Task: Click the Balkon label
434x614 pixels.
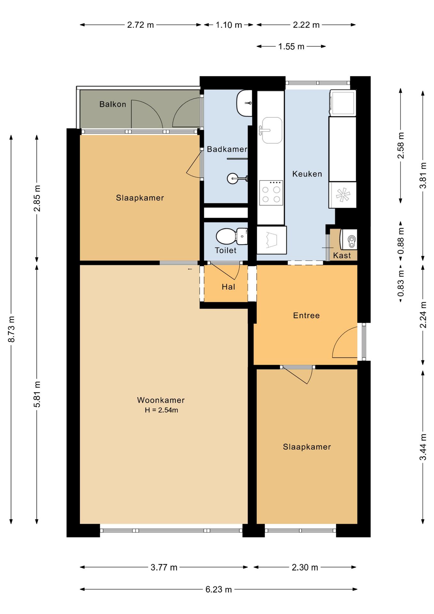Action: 113,104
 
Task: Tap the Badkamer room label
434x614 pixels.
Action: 227,149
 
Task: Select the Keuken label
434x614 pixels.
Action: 307,174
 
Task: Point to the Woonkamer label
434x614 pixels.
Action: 161,400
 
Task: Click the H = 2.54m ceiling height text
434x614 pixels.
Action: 161,410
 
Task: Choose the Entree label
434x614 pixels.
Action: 306,316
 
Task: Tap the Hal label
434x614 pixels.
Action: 229,287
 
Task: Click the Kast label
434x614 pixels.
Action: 342,256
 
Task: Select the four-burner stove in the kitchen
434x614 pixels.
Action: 271,193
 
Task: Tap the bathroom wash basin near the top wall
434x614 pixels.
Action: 244,103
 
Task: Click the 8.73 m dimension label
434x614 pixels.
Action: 12,329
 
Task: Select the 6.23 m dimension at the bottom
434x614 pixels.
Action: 219,589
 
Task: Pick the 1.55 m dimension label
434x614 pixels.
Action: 291,46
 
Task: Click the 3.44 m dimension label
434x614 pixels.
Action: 423,447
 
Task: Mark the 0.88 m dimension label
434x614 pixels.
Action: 401,240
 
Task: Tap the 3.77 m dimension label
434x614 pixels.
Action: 164,567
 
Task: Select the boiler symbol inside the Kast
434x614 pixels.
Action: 349,239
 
